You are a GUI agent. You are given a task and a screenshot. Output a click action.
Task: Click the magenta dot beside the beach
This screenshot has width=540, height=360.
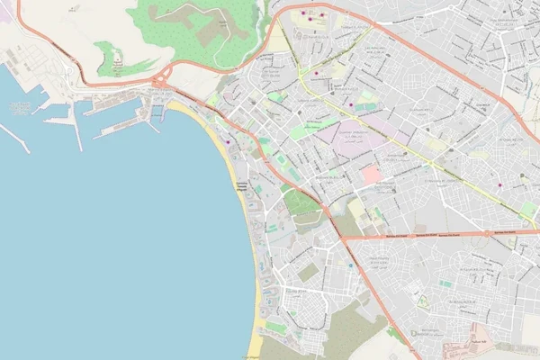click(228, 141)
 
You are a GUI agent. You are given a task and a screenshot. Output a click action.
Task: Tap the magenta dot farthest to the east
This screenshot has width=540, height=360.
click(499, 185)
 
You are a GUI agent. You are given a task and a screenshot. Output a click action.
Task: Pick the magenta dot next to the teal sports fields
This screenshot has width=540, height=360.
click(350, 106)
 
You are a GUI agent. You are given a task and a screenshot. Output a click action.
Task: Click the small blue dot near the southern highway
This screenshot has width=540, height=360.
click(350, 265)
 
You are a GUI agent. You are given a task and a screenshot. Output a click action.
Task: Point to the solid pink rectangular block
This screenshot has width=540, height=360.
click(371, 174)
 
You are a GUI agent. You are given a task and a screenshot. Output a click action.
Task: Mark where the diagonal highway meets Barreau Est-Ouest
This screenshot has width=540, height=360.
click(341, 238)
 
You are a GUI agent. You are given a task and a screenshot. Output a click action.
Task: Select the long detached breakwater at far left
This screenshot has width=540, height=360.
click(14, 138)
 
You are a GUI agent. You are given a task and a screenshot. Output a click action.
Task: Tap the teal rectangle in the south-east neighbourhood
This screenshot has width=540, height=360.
click(445, 284)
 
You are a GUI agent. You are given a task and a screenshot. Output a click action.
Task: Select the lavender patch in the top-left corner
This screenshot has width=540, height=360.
click(5, 13)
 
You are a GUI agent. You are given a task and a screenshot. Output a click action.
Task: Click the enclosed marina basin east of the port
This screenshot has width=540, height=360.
click(157, 112)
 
